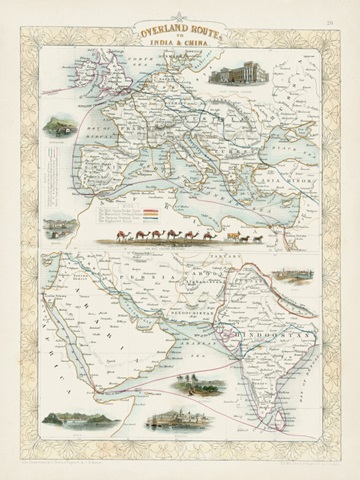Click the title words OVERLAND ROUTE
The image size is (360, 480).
pyautogui.click(x=179, y=33)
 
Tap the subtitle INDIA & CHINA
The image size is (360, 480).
pyautogui.click(x=179, y=52)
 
